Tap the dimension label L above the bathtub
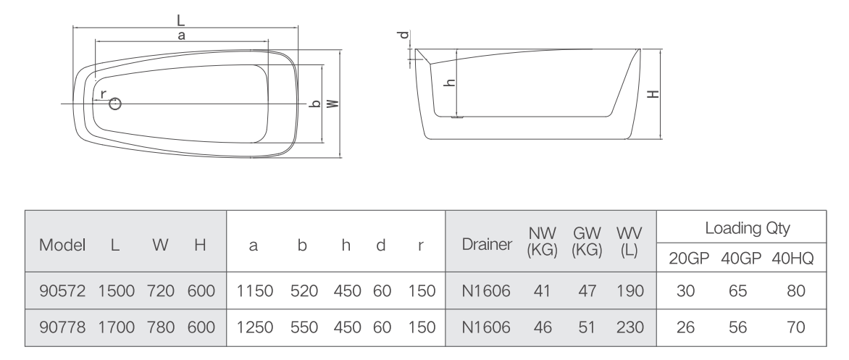[x=181, y=20]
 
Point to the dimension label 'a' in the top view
[x=181, y=35]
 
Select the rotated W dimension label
[x=333, y=103]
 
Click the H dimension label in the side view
[x=653, y=93]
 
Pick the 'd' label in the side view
[x=403, y=35]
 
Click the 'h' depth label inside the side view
[x=449, y=83]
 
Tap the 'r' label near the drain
[x=103, y=95]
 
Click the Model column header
[x=62, y=246]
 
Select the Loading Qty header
[x=747, y=228]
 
